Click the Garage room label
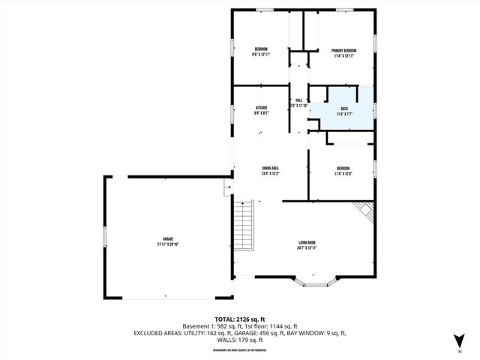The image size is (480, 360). (x=168, y=238)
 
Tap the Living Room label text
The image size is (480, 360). (x=306, y=242)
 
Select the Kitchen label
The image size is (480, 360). (x=261, y=108)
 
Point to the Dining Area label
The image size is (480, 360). (x=270, y=167)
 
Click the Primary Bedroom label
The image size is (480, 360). (x=344, y=50)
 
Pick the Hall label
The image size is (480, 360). (x=298, y=100)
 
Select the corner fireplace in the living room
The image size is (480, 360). (x=365, y=211)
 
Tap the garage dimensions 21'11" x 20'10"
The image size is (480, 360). (x=168, y=244)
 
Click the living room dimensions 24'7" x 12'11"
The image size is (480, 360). (x=306, y=248)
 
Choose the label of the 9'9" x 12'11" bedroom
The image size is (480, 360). (x=261, y=50)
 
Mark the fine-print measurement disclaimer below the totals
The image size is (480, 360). (x=239, y=349)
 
